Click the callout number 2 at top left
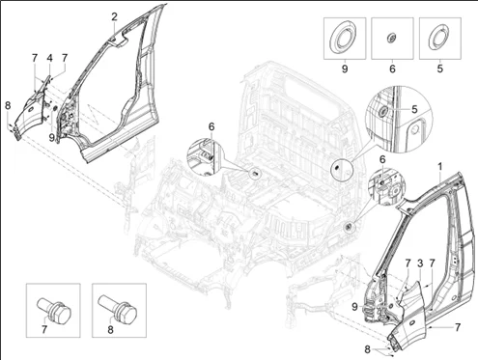(115, 16)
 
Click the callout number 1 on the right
(439, 167)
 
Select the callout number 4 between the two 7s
(49, 58)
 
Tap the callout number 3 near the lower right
(420, 263)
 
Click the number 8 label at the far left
(8, 105)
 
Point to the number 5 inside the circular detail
(414, 109)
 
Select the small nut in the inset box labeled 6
(391, 38)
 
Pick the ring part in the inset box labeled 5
(438, 39)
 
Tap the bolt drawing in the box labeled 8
(117, 308)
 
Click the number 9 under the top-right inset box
(345, 69)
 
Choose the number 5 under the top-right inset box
(440, 69)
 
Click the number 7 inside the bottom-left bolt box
(44, 329)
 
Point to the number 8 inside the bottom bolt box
(110, 329)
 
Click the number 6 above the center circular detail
(211, 127)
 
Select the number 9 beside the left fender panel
(51, 138)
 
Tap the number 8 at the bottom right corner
(367, 349)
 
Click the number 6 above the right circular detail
(382, 159)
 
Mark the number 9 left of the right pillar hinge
(354, 307)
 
